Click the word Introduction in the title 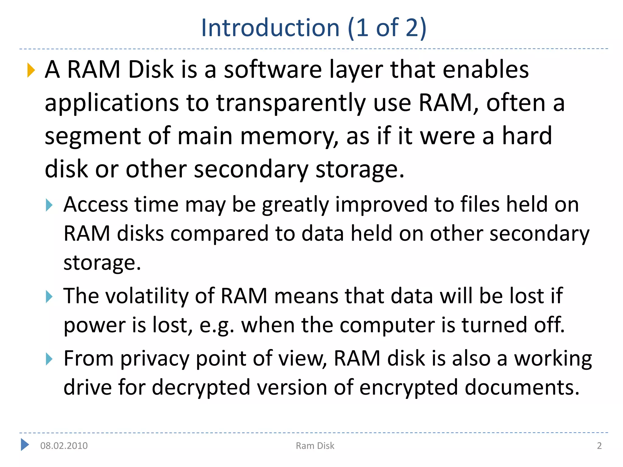pos(270,28)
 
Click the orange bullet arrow pos(31,70)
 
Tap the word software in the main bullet pos(273,70)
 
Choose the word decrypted pos(201,388)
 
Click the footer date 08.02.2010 pos(64,446)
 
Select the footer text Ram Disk pos(315,446)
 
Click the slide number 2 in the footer pos(599,446)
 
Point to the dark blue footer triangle pos(25,445)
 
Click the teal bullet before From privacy pos(49,359)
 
